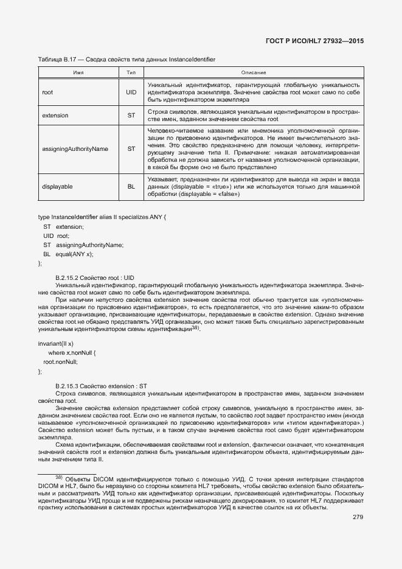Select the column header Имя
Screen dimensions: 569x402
78,72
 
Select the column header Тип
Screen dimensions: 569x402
131,72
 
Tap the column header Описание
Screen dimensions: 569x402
254,72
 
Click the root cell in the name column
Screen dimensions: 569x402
47,92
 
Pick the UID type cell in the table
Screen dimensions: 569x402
131,92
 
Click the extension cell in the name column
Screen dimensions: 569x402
55,115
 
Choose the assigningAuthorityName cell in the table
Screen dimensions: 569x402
75,148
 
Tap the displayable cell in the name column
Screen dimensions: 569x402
57,186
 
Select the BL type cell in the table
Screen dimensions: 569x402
131,186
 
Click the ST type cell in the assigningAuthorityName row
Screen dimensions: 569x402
131,148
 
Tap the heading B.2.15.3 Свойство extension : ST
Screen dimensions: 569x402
101,386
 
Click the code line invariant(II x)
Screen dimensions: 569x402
55,344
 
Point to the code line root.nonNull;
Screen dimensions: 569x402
61,361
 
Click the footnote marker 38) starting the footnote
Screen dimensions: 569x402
59,477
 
